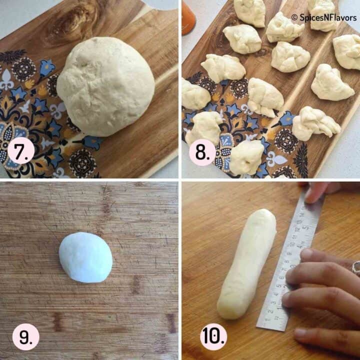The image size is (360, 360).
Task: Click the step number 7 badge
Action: click(x=20, y=153)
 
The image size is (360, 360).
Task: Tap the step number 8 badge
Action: click(x=202, y=153)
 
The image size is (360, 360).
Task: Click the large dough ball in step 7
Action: click(x=106, y=85)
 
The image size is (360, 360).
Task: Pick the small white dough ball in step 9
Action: click(x=85, y=257)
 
